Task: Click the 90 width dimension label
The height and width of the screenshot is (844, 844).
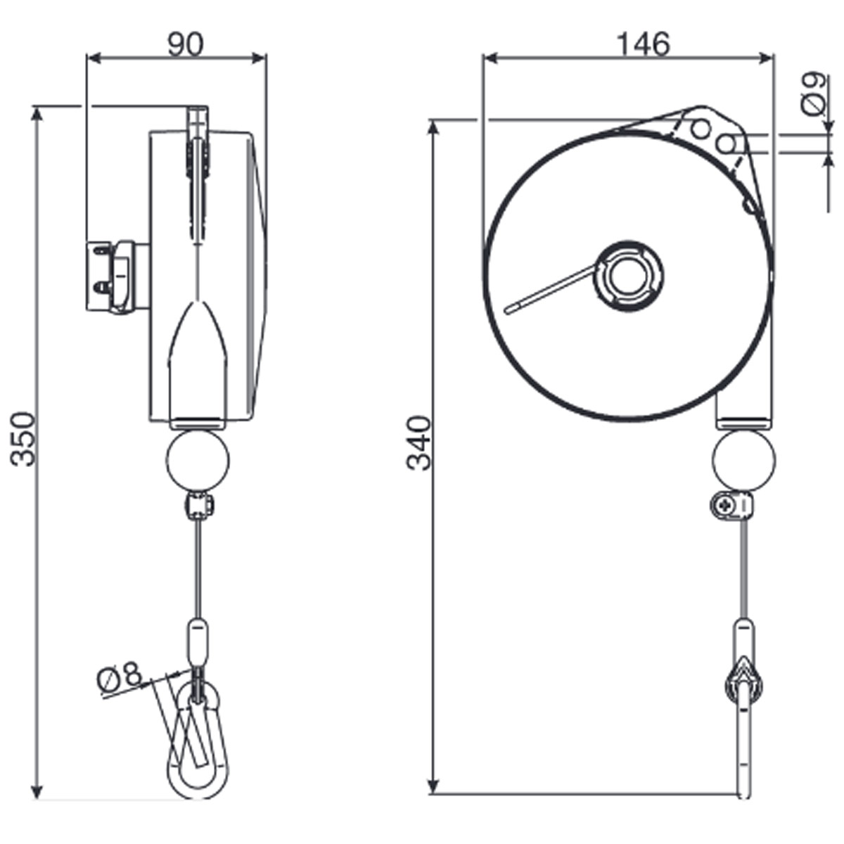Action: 185,44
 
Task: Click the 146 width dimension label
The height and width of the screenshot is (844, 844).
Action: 643,44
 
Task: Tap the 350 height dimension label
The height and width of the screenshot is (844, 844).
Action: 24,439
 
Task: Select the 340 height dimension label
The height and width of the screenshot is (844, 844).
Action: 421,443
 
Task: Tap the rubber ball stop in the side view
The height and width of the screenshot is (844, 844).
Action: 198,461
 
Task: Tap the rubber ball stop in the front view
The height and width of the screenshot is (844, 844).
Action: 743,461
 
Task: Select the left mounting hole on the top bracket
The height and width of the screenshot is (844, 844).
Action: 700,129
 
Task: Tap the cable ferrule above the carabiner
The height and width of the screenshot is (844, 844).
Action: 197,639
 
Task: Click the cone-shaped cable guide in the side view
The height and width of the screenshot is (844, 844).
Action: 198,352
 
